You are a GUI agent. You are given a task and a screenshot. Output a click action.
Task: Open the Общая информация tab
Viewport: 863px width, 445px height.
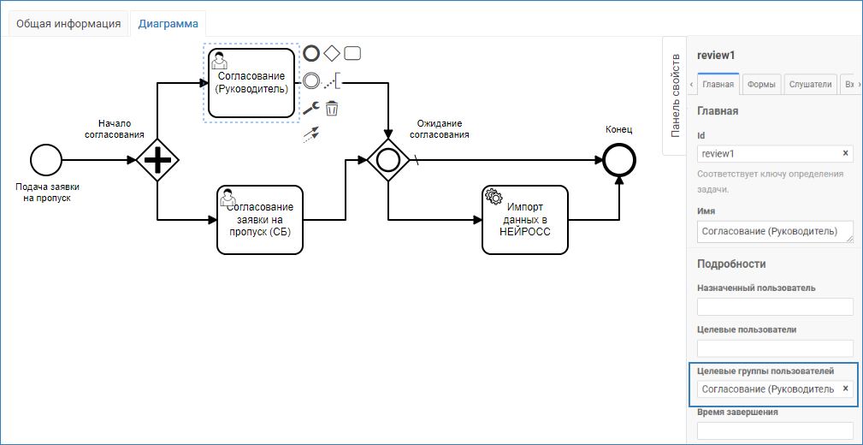click(68, 23)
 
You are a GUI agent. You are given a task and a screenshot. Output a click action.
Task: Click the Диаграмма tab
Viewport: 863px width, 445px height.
click(168, 23)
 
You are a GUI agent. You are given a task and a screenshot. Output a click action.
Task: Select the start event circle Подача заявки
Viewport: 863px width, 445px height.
click(46, 160)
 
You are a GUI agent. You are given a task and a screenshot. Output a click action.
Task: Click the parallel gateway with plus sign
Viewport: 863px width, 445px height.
click(157, 160)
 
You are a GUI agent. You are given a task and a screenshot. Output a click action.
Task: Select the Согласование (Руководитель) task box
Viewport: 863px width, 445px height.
click(251, 82)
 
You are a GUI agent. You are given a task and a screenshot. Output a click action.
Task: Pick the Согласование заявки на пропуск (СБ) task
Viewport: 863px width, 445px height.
click(260, 220)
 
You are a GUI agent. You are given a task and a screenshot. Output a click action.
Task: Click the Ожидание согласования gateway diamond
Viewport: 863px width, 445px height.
click(388, 160)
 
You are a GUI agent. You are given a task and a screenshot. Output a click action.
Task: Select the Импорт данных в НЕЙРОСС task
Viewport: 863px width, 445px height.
click(525, 220)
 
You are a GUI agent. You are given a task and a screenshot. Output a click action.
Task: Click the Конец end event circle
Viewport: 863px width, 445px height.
click(618, 160)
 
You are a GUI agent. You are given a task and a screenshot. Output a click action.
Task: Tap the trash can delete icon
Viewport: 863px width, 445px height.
click(332, 109)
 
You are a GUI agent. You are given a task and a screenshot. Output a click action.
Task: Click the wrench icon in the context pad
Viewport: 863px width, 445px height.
click(311, 109)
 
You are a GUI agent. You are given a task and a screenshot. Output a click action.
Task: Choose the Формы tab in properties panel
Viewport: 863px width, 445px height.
click(760, 84)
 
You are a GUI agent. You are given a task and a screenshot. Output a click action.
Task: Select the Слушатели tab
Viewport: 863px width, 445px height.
click(811, 84)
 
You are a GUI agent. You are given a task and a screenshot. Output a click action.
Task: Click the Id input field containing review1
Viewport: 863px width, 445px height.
click(767, 154)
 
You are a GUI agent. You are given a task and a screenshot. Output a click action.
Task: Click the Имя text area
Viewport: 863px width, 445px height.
click(774, 231)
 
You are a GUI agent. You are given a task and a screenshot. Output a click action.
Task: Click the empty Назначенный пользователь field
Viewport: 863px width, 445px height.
click(775, 306)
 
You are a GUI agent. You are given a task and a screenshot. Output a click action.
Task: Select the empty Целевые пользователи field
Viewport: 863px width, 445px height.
click(775, 347)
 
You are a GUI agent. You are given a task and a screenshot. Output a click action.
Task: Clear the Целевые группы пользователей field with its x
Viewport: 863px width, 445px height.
click(845, 389)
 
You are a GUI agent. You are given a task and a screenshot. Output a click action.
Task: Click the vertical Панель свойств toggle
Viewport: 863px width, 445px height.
click(675, 96)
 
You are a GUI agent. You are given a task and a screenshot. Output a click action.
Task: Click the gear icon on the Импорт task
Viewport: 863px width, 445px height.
click(494, 196)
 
